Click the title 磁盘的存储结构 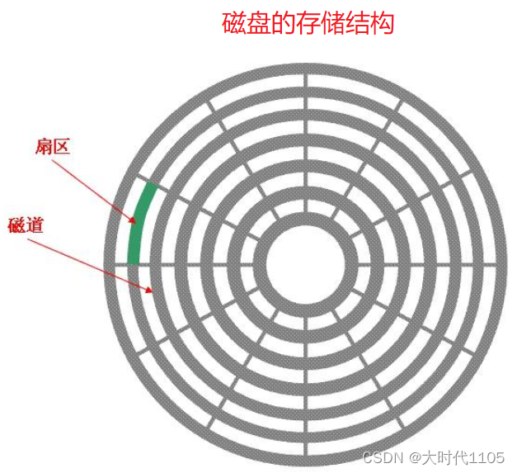coord(308,23)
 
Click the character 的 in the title coord(282,23)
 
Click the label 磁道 coord(26,225)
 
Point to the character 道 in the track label coord(35,225)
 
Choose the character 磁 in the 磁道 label coord(16,225)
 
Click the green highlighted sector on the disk coord(140,223)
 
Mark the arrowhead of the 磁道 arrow coord(148,290)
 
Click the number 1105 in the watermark coord(487,456)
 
